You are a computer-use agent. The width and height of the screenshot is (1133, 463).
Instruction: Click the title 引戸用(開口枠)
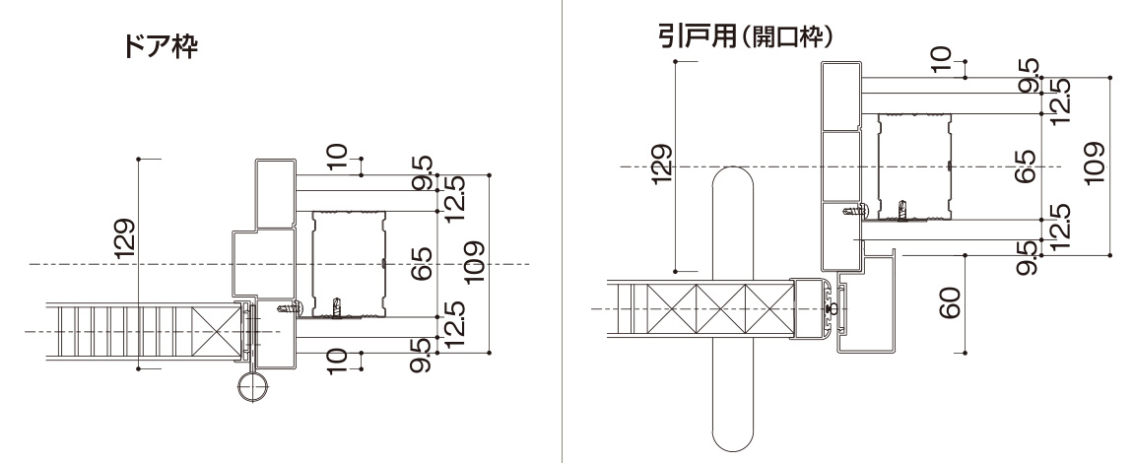747,36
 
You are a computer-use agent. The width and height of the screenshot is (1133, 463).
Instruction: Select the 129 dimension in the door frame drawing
125,239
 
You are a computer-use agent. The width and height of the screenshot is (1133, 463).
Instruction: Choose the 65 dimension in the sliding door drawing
1028,165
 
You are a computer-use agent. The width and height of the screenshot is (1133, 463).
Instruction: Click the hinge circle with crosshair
253,387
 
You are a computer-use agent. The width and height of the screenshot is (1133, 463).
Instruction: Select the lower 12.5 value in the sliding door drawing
1060,227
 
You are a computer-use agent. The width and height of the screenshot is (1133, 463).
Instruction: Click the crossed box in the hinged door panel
218,332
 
